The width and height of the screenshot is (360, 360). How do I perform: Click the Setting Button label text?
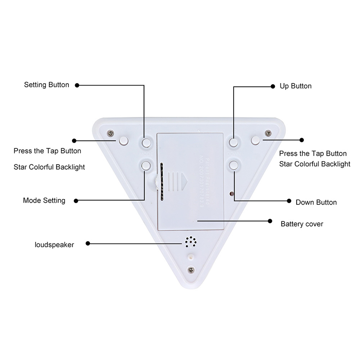click(46, 85)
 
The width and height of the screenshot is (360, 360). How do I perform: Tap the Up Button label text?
click(296, 85)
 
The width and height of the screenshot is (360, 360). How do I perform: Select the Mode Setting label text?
click(44, 200)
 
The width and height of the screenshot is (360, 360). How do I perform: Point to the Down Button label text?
click(316, 202)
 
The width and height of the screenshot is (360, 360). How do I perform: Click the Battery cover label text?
click(302, 224)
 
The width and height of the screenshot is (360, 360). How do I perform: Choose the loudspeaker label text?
click(54, 244)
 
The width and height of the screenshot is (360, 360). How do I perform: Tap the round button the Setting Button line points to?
click(145, 143)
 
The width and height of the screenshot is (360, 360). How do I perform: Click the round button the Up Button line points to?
click(234, 143)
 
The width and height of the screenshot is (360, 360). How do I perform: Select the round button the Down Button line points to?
click(234, 165)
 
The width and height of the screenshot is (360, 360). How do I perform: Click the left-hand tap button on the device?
click(123, 141)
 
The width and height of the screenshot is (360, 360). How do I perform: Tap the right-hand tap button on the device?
click(256, 141)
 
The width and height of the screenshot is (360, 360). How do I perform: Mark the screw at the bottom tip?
click(191, 270)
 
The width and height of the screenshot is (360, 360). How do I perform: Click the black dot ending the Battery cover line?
click(270, 221)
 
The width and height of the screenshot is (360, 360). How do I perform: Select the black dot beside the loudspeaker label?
click(87, 244)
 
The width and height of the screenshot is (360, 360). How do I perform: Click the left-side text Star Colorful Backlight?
click(49, 167)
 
